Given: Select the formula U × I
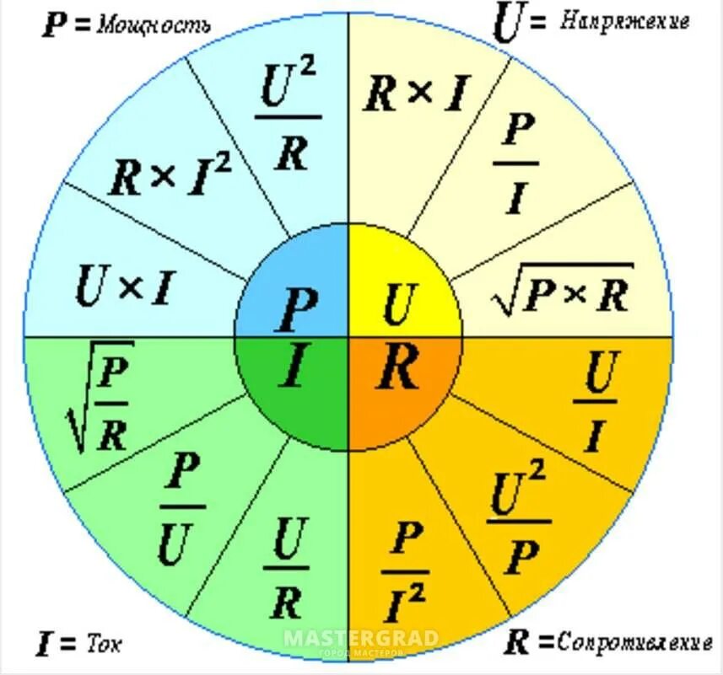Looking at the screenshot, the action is (x=123, y=287).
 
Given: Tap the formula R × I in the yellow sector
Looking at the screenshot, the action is (x=414, y=94).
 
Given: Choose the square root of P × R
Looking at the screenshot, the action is (x=564, y=290).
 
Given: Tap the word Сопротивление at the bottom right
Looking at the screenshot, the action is (x=634, y=644).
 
